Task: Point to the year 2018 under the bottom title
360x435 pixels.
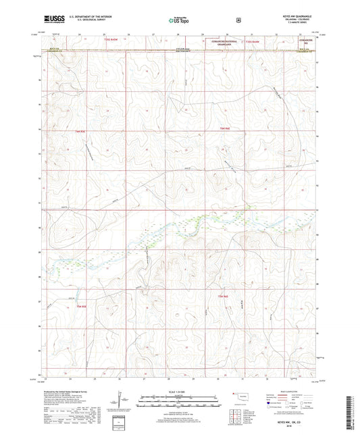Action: click(298, 424)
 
